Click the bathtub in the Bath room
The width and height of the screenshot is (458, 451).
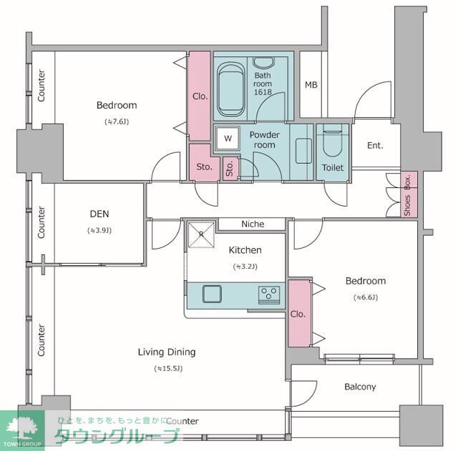coord(231,89)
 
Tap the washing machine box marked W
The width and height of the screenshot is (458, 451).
coord(228,138)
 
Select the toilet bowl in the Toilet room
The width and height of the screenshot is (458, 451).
coord(332,143)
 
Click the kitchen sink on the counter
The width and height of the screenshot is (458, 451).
coord(212,294)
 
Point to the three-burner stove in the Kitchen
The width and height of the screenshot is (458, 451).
coord(269,294)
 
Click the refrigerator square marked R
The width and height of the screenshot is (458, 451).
coord(201,235)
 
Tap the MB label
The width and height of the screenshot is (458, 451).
coord(311,85)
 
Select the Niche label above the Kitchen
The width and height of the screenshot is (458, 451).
coord(253,224)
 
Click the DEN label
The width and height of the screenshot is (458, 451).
coord(99,214)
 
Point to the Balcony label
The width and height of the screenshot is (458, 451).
coord(360,387)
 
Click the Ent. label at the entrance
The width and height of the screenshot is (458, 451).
coord(375,145)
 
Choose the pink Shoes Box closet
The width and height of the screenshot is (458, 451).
coord(409,194)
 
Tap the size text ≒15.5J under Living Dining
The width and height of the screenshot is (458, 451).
coord(169,368)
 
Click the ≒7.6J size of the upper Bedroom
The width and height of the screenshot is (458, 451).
coord(117,122)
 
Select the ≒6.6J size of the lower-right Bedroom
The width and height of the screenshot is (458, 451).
coord(366,297)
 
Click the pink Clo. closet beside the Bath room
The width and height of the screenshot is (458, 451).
coord(200,96)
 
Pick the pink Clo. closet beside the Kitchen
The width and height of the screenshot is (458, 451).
coord(299,314)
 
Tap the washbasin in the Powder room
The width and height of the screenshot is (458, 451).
coord(303,151)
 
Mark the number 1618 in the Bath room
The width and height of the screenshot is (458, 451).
coord(263,92)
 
